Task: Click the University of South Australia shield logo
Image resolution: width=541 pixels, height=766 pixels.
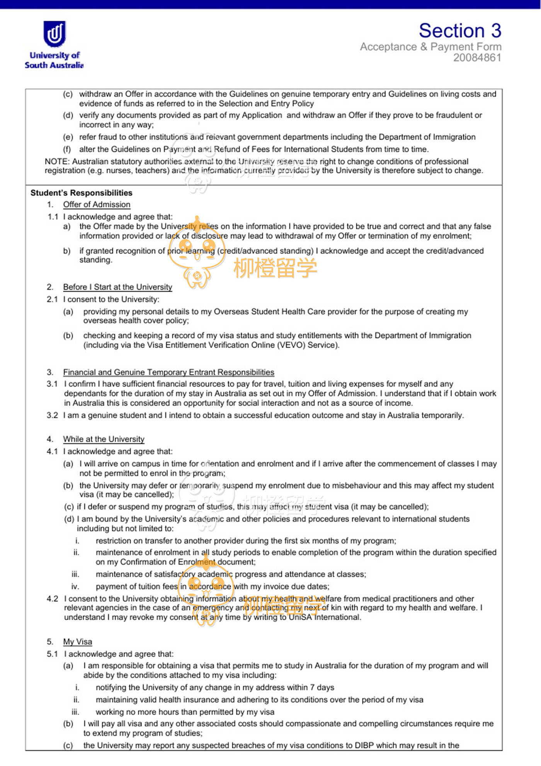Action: (x=54, y=34)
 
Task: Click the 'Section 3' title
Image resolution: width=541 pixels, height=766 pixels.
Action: (x=460, y=31)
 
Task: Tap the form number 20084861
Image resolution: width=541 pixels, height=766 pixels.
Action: (x=477, y=58)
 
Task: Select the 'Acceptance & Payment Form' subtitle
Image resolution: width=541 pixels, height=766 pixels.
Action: (x=430, y=47)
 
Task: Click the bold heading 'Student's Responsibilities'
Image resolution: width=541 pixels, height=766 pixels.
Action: (x=81, y=193)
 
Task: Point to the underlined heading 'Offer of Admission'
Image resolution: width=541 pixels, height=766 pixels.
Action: (x=97, y=205)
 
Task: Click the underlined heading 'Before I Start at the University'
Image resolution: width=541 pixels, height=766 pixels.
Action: (x=117, y=287)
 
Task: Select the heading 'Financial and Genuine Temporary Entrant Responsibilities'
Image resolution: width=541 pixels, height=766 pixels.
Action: (x=168, y=372)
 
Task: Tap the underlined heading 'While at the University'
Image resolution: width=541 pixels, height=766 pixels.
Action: (x=104, y=439)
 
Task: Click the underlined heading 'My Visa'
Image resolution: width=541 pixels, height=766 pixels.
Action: (x=78, y=642)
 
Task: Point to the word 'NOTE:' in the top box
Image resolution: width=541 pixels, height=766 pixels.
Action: (x=57, y=161)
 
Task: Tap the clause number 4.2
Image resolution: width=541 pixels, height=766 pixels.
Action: (x=52, y=599)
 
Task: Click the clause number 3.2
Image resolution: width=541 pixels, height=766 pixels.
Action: (x=52, y=415)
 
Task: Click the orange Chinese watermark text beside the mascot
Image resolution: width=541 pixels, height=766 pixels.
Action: (x=275, y=268)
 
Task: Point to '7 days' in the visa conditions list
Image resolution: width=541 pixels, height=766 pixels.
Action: (x=322, y=687)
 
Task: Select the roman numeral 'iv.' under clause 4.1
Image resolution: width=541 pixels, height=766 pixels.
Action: (x=75, y=586)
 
